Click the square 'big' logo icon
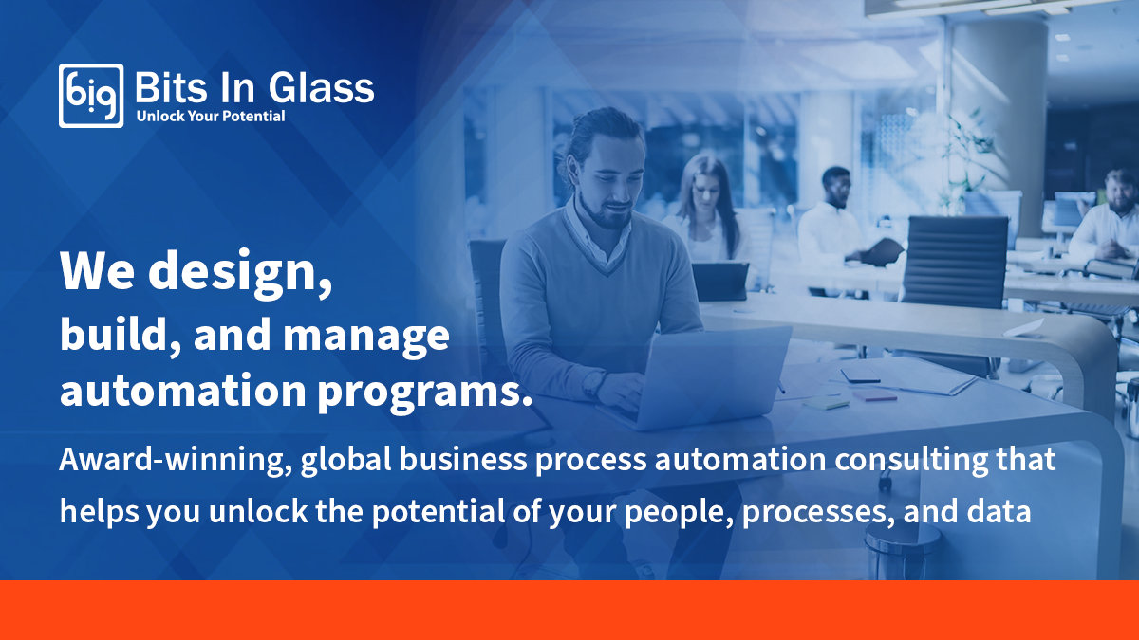91,95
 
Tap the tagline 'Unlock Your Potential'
211,117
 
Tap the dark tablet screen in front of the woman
719,281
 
